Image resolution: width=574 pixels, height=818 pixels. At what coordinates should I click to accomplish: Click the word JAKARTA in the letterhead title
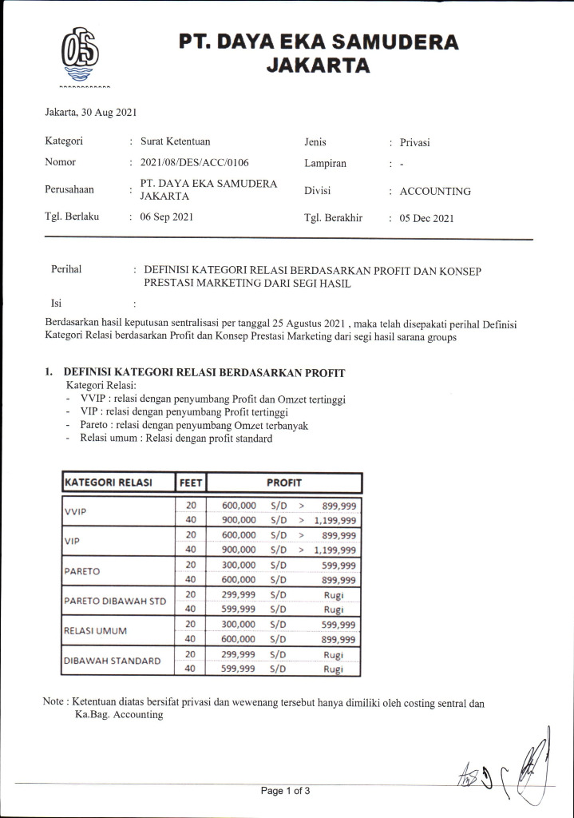coord(318,66)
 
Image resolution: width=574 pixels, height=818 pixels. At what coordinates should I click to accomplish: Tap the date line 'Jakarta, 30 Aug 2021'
coord(91,113)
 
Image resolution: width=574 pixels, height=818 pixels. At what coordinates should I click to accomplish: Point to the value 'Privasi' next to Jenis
coord(415,142)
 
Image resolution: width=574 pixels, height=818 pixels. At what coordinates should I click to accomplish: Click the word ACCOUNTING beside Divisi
coord(435,192)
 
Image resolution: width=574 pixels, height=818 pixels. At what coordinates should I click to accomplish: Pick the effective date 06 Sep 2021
coord(166,216)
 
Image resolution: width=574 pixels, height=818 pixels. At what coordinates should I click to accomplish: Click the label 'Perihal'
coord(66,269)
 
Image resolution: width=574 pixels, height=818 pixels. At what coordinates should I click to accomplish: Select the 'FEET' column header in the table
coord(192,482)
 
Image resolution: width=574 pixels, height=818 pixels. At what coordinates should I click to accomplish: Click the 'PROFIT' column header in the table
coord(284,482)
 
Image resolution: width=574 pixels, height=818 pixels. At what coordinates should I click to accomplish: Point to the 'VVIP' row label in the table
coord(76,512)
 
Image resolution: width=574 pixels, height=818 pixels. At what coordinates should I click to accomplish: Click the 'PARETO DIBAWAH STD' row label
coord(114,601)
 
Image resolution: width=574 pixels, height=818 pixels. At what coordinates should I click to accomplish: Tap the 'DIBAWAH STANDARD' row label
coord(112,661)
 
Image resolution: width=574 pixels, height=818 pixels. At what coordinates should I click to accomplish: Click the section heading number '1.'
coord(49,372)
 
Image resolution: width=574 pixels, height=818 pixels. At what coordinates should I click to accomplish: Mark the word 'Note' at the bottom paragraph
coord(54,702)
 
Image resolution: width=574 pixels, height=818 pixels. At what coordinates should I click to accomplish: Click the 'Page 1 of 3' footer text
coord(285,791)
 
